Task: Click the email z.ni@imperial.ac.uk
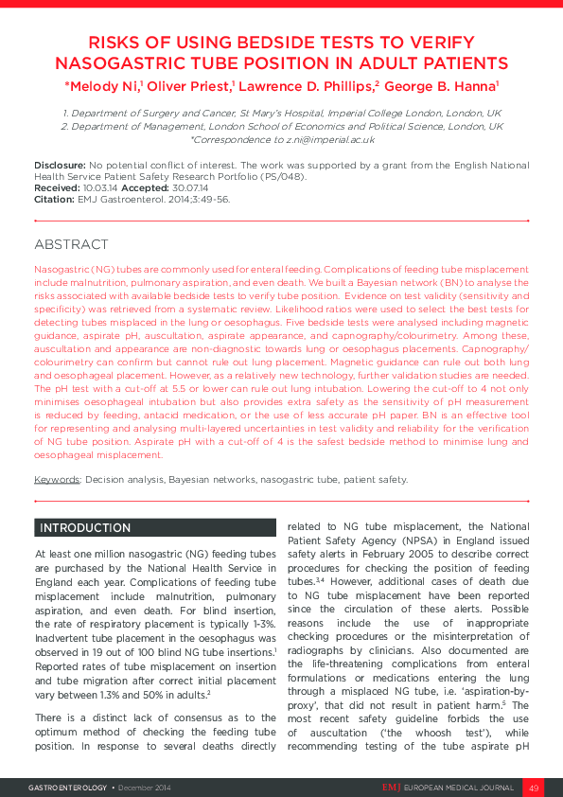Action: click(332, 139)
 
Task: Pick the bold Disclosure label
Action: click(60, 165)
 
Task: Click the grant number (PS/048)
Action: click(285, 177)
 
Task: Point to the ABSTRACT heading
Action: click(71, 244)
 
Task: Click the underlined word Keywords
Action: click(57, 479)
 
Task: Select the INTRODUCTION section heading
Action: click(84, 527)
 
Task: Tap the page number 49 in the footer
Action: click(533, 788)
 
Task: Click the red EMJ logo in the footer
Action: click(392, 788)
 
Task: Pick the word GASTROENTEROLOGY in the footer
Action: click(68, 788)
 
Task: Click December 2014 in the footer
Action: click(147, 788)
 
